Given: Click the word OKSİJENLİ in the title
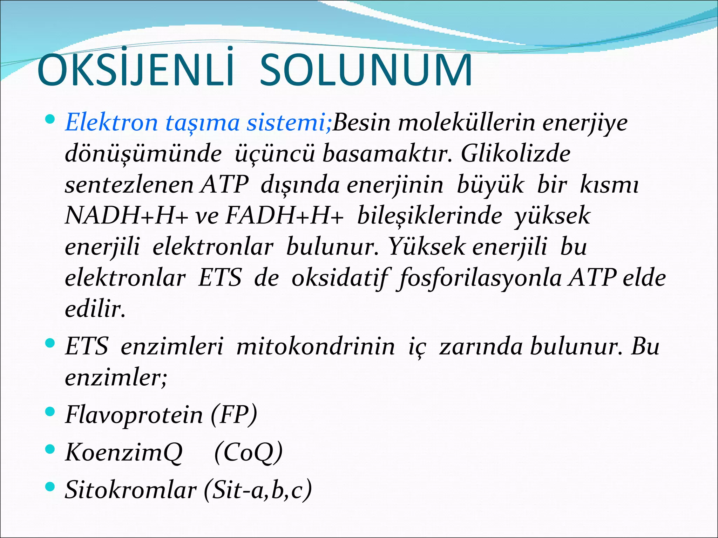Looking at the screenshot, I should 135,70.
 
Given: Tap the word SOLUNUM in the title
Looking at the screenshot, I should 366,70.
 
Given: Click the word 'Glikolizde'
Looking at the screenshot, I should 515,153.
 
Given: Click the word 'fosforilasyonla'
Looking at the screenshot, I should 480,278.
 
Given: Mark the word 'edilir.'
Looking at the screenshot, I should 95,309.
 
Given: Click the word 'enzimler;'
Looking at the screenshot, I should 116,377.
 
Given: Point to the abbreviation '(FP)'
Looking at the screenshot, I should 234,415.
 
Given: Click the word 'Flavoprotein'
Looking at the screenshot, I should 134,415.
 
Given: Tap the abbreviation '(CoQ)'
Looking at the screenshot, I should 248,452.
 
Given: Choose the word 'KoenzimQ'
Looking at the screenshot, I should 124,452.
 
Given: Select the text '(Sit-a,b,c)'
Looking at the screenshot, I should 258,489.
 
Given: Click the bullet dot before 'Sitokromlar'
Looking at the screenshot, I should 50,486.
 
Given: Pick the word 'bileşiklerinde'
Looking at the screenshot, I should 429,215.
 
